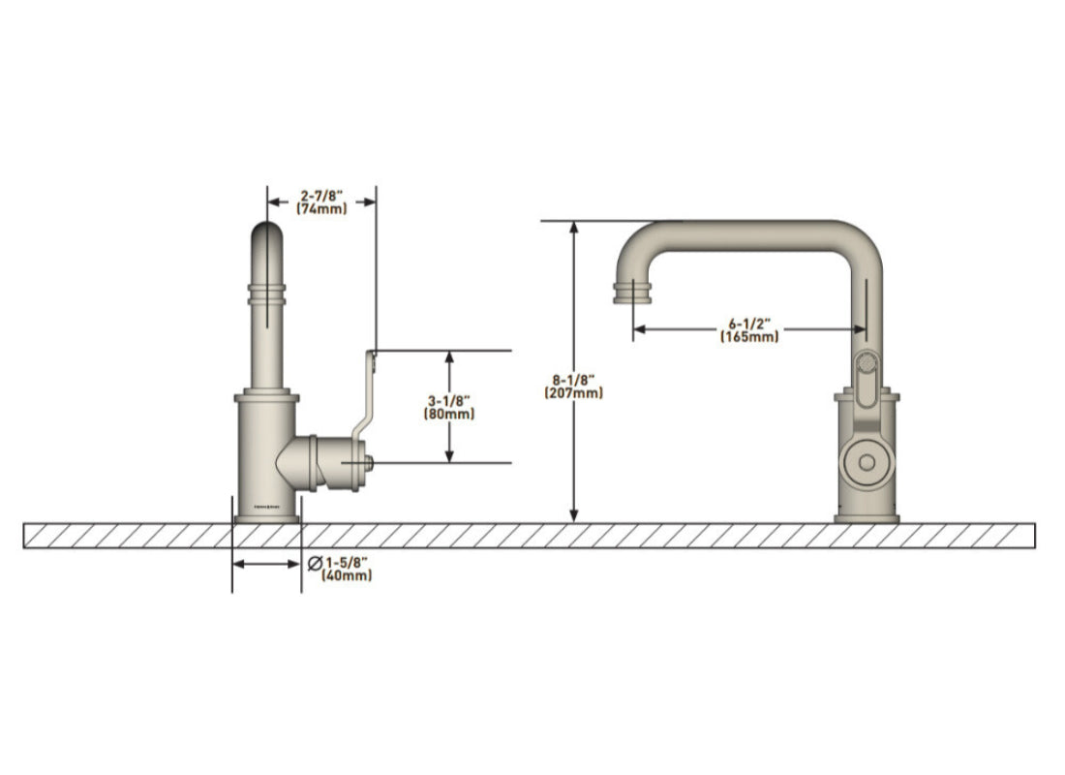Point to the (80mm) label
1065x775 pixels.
pos(448,414)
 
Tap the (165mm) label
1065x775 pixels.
pos(749,336)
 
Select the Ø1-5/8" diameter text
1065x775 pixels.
pos(347,562)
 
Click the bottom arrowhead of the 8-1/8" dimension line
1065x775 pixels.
pos(574,515)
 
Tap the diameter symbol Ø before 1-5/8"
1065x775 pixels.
pos(314,562)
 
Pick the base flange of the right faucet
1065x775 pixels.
pos(867,518)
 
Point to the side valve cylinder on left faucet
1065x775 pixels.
pos(329,462)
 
